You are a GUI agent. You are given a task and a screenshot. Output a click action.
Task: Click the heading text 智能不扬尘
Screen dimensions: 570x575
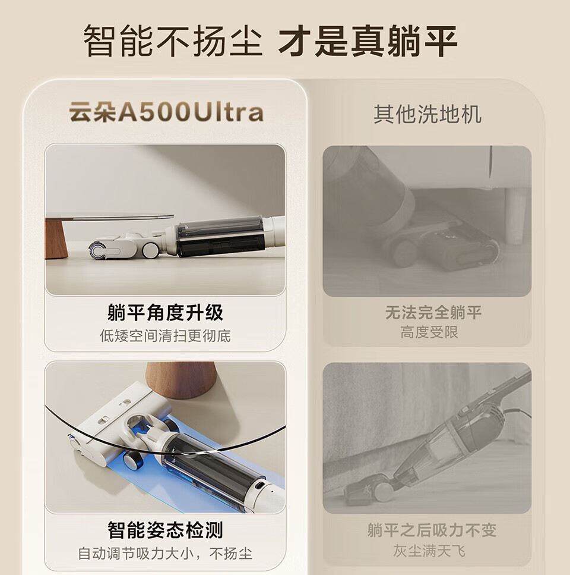coord(173,40)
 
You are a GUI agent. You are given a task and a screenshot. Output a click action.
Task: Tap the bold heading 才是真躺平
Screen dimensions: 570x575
coord(368,40)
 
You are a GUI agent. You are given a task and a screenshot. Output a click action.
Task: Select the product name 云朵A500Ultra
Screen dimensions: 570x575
coord(166,112)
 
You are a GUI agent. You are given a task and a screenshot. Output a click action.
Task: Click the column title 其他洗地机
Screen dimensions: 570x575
coord(427,114)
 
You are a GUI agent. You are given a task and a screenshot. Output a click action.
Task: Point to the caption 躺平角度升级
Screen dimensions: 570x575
coord(165,312)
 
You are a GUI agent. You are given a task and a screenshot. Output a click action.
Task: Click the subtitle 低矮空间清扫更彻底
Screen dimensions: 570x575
coord(165,335)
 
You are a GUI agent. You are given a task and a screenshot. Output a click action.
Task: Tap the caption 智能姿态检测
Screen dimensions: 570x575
coord(165,530)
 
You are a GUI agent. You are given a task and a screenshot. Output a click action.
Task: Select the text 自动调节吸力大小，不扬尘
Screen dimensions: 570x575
coord(165,554)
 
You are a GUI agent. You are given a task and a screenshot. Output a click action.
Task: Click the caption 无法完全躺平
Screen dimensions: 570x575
coord(433,312)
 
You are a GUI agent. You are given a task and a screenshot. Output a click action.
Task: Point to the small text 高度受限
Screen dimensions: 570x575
coord(429,332)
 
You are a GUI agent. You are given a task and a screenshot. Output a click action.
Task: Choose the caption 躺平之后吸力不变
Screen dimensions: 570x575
coord(432,530)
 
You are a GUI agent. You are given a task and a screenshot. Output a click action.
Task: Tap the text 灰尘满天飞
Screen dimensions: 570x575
coord(429,551)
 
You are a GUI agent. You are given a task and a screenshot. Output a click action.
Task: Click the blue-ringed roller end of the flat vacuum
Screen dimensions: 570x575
coord(97,250)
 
